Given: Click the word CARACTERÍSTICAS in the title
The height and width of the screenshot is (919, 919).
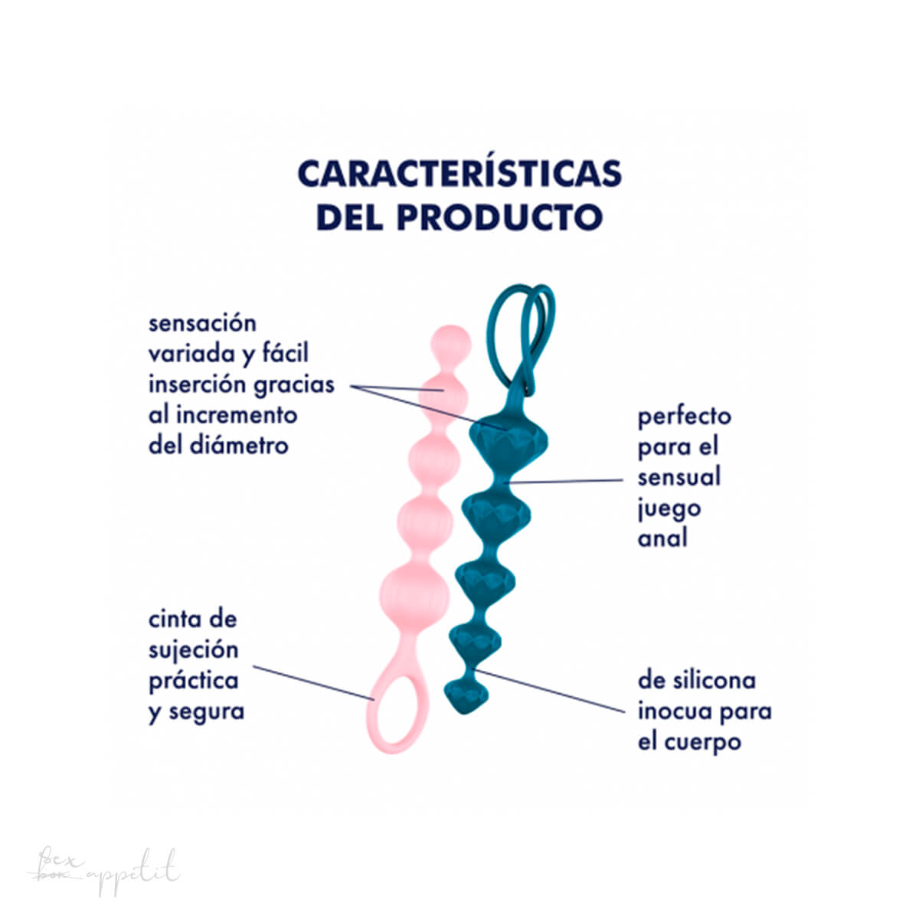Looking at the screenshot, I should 459,175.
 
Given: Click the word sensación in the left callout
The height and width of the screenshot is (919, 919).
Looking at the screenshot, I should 202,323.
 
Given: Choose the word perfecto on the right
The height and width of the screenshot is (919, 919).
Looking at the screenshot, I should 684,417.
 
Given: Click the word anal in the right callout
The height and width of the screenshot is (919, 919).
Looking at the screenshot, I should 662,538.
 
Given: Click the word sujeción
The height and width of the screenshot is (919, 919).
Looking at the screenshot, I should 194,651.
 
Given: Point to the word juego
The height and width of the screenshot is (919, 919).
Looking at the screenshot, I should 669,508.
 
